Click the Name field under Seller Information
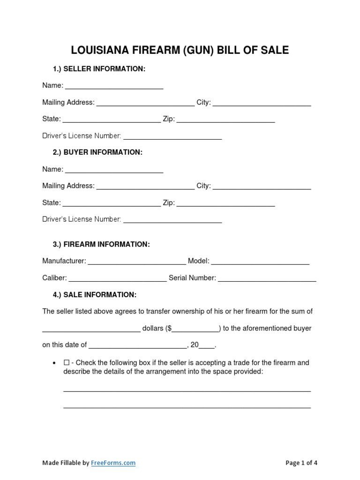tap(114, 86)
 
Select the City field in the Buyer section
tap(262, 186)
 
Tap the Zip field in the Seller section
tap(225, 120)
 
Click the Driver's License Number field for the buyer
tap(172, 220)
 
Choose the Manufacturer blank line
tap(137, 262)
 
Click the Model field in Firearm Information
tap(260, 262)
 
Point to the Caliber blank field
tap(118, 278)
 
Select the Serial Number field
tap(267, 278)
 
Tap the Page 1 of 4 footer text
tap(301, 463)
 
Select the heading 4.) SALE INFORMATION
tap(94, 295)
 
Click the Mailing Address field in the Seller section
tap(145, 103)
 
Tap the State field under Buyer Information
tap(112, 203)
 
